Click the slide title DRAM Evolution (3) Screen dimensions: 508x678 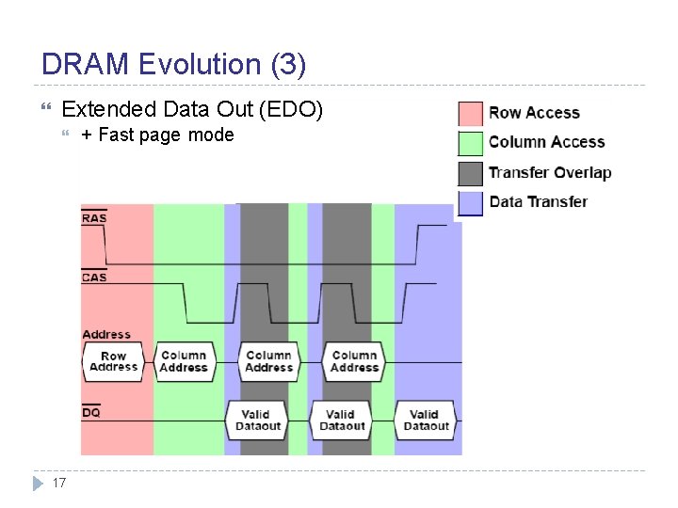point(174,64)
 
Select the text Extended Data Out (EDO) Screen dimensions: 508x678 point(192,110)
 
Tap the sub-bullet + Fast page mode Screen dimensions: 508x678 point(157,135)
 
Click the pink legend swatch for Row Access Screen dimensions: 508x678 point(471,114)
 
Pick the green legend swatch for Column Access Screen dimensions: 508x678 point(471,143)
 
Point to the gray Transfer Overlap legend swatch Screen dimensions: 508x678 point(471,172)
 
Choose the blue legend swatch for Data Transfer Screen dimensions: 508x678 point(471,201)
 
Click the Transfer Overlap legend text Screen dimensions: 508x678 point(550,172)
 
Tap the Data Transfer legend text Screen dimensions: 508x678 point(538,201)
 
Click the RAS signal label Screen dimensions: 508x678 point(94,218)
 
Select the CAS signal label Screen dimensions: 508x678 point(94,277)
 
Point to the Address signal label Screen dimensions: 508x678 point(106,335)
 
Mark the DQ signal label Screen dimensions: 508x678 point(91,412)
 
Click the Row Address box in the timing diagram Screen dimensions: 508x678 point(113,361)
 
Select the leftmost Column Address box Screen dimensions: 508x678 point(184,361)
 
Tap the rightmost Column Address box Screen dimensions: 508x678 point(354,361)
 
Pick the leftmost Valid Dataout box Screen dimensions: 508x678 point(257,420)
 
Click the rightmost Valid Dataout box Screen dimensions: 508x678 point(426,420)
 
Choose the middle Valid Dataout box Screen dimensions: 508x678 point(342,420)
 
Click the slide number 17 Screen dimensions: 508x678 point(58,483)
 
